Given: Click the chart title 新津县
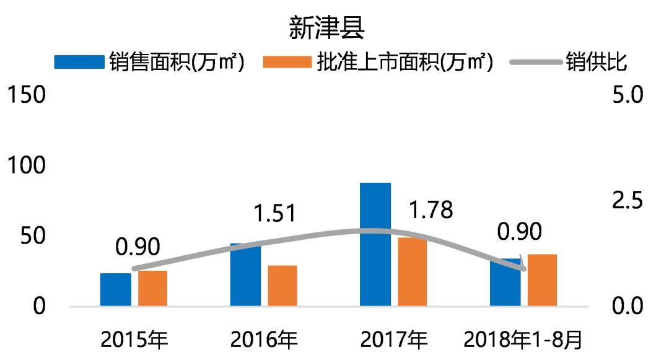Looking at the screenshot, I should coord(326,28).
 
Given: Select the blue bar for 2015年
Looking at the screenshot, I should coord(116,289).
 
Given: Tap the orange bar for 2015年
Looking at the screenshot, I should coord(153,288).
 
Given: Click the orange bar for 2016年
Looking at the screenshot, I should coord(282,286).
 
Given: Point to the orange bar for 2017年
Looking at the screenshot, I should coord(412,272).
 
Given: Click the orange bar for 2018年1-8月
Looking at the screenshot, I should coord(542,280).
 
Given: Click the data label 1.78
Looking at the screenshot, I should coord(431,209).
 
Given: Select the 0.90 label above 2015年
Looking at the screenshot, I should coord(138,246).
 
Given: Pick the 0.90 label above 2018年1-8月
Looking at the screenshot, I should coord(520,231).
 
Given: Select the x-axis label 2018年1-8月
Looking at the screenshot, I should coord(523,340).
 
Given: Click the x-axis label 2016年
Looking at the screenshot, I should coord(264,340).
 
